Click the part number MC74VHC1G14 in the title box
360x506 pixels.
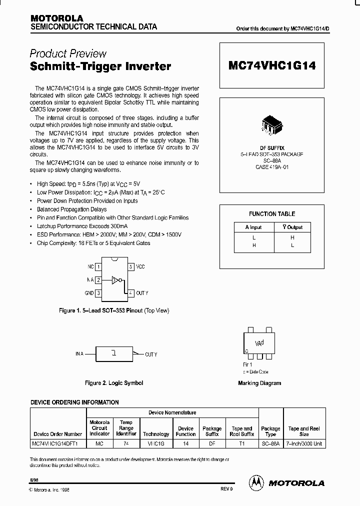point(272,65)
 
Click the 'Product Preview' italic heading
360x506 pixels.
point(68,53)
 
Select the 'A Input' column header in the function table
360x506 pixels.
point(254,227)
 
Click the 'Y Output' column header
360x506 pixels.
point(292,227)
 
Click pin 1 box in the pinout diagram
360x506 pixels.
point(98,267)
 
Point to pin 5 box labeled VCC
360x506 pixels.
point(131,267)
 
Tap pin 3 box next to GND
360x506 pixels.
point(98,293)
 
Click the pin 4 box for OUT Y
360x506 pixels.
point(131,293)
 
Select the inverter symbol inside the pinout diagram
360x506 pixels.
point(115,280)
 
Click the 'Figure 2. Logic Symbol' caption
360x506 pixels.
point(114,383)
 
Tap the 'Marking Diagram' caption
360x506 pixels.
point(259,383)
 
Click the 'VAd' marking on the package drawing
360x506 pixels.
point(259,343)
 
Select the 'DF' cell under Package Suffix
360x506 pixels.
point(212,443)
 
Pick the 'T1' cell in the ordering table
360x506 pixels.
point(242,443)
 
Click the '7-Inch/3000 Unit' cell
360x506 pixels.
point(304,443)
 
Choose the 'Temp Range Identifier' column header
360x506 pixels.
point(126,428)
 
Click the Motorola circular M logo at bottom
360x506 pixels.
point(256,482)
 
